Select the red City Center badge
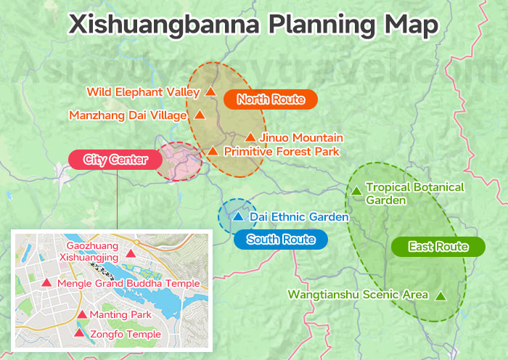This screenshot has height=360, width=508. point(115,159)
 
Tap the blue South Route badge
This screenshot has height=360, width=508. point(280,240)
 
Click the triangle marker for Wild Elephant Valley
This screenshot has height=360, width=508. point(210,92)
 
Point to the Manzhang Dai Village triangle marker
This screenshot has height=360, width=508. point(199,115)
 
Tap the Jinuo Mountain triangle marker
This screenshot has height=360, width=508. point(250,137)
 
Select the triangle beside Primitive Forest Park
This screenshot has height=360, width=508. point(213,152)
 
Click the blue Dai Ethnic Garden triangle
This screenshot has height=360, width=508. point(238,216)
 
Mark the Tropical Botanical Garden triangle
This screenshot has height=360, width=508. point(356,191)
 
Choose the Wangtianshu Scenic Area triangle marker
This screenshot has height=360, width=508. point(441,295)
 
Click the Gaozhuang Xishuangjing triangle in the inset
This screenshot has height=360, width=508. point(131,253)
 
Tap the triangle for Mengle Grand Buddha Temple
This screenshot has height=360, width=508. point(46,282)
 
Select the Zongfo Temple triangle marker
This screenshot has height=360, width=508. point(79,333)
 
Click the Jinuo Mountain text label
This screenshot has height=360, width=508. point(291,137)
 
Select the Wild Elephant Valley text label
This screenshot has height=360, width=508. point(143,92)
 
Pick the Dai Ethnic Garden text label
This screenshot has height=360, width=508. point(299,216)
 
